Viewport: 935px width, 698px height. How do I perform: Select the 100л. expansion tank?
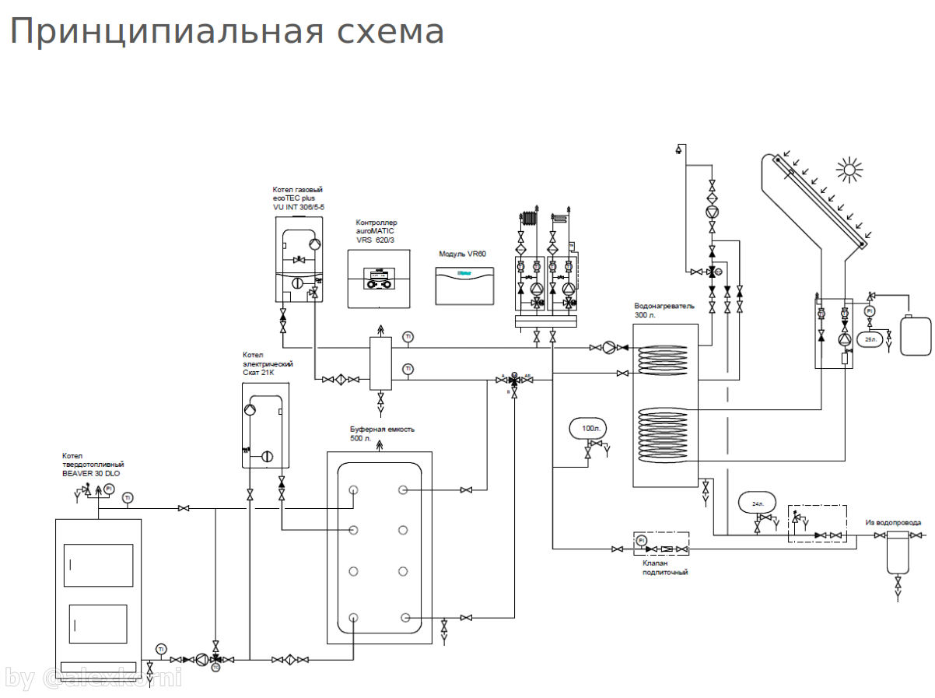click(589, 428)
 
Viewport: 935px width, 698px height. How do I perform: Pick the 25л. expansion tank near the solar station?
click(869, 339)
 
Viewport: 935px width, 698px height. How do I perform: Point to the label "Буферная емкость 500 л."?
click(382, 433)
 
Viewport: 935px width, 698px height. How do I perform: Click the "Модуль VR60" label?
click(462, 254)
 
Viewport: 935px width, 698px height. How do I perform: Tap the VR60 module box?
click(464, 286)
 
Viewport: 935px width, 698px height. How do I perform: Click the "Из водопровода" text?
click(893, 522)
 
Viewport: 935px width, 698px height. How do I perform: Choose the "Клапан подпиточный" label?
click(665, 566)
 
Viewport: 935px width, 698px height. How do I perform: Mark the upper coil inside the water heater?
click(664, 362)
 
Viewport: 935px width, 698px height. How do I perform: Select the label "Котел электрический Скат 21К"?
click(268, 363)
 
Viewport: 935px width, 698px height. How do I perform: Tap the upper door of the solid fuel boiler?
click(98, 565)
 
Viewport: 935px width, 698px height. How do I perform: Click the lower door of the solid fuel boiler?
click(98, 624)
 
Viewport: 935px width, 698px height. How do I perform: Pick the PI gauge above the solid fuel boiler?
click(109, 489)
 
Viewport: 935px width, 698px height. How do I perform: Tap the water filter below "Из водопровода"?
click(898, 552)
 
